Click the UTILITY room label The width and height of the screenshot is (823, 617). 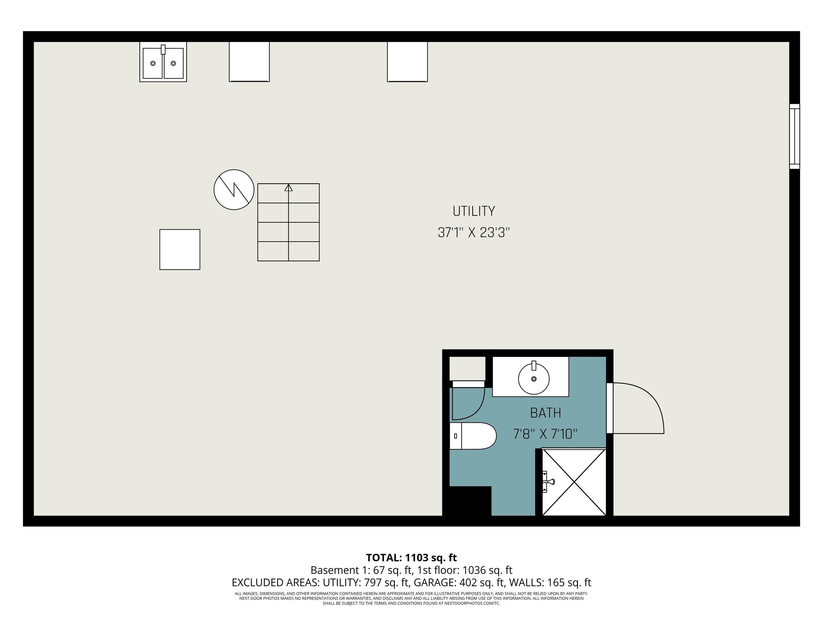[x=474, y=211]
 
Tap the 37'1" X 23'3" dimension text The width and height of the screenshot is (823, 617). [x=474, y=233]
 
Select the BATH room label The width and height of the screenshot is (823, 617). [x=545, y=413]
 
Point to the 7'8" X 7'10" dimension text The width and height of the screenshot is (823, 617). [x=545, y=434]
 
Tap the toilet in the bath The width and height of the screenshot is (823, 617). [x=473, y=436]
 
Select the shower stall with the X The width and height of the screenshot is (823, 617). [x=574, y=482]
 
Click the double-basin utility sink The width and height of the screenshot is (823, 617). [x=163, y=62]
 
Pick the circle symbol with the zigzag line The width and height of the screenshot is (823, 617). [x=234, y=190]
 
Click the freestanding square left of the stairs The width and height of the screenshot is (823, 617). [x=180, y=250]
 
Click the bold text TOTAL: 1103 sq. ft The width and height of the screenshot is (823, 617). [x=411, y=558]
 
